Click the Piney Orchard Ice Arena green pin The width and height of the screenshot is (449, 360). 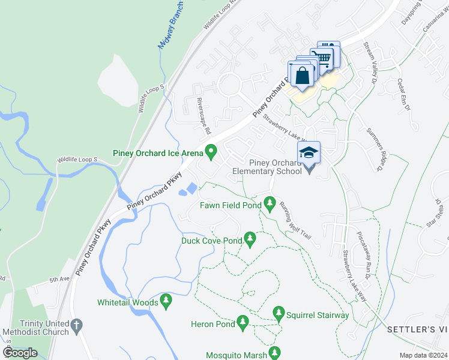tap(211, 152)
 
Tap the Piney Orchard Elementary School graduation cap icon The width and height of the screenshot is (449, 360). tap(309, 152)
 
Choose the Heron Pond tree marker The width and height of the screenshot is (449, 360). tap(243, 323)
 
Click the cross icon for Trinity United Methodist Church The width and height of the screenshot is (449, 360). tap(76, 326)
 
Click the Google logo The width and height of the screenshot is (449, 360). tap(20, 353)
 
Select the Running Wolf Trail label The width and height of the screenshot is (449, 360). tap(296, 221)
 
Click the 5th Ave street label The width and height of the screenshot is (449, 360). tap(59, 280)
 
